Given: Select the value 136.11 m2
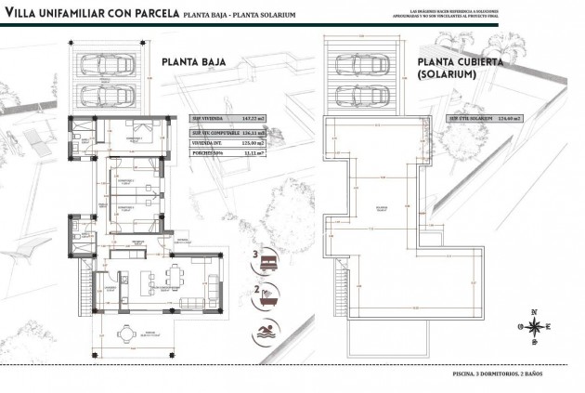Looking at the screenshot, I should (253, 134).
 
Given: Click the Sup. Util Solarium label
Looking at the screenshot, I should (468, 119).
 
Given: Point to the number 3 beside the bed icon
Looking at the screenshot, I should (254, 253).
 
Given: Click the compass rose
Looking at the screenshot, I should (534, 325).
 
